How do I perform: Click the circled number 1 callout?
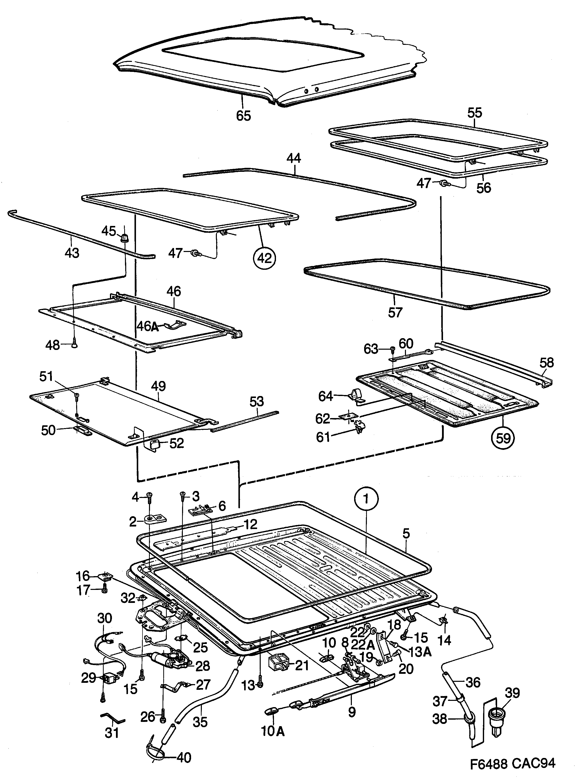coord(366,499)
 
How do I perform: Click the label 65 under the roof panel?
coord(243,115)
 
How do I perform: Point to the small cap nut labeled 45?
coord(124,238)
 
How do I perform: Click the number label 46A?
coord(147,326)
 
